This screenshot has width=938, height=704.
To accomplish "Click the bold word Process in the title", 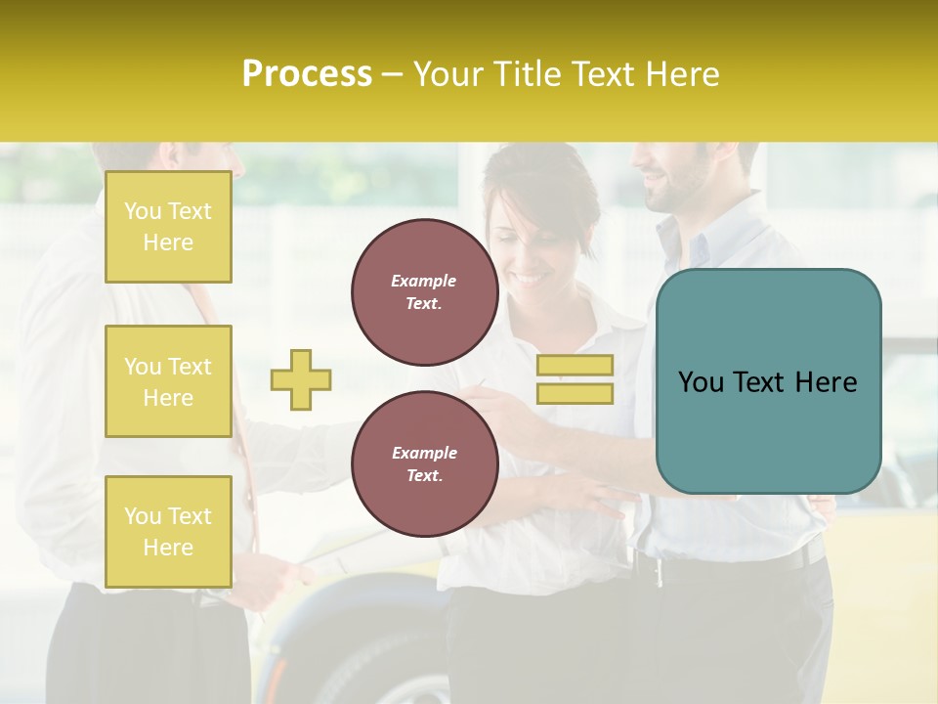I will click(307, 74).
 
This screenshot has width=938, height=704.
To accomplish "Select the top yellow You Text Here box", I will click(168, 227).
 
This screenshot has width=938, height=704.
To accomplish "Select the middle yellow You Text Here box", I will click(168, 381).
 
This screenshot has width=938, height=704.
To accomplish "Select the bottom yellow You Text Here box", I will click(168, 532).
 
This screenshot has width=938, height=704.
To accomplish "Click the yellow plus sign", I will click(301, 379).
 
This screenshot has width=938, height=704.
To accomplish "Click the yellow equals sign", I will click(575, 379).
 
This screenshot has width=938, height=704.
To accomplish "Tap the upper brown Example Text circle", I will click(424, 292).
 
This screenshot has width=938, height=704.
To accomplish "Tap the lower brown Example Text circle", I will click(424, 464).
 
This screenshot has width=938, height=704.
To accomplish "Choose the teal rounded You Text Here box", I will click(768, 381).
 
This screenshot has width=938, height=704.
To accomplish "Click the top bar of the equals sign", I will click(575, 366).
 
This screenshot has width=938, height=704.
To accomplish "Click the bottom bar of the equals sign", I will click(575, 393).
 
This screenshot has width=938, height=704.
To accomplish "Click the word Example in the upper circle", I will click(424, 281).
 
